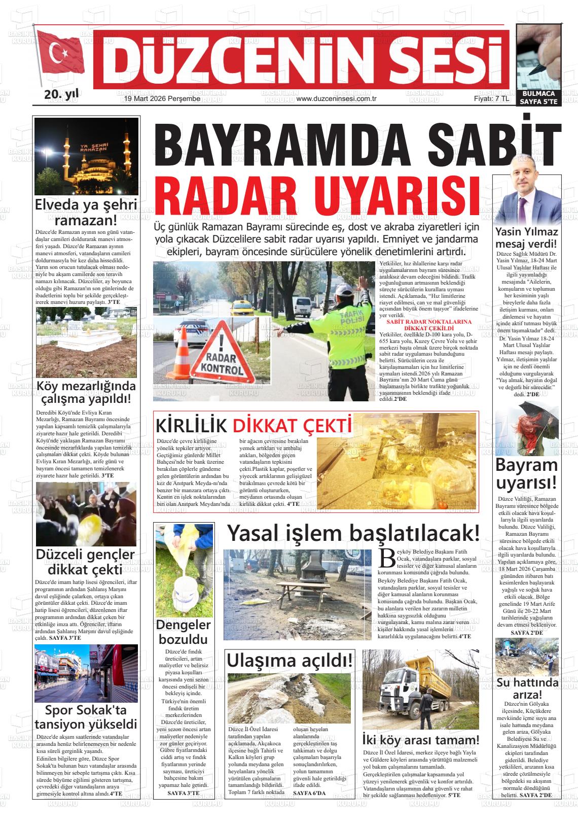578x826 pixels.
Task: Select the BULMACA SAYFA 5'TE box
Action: (x=538, y=97)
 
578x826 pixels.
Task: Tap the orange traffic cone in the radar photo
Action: (x=181, y=355)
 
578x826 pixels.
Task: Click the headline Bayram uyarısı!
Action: (x=527, y=473)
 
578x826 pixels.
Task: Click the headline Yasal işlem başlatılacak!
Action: (x=353, y=534)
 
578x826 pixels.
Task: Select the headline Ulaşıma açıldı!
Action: (x=290, y=661)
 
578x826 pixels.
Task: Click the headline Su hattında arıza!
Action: (x=527, y=688)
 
